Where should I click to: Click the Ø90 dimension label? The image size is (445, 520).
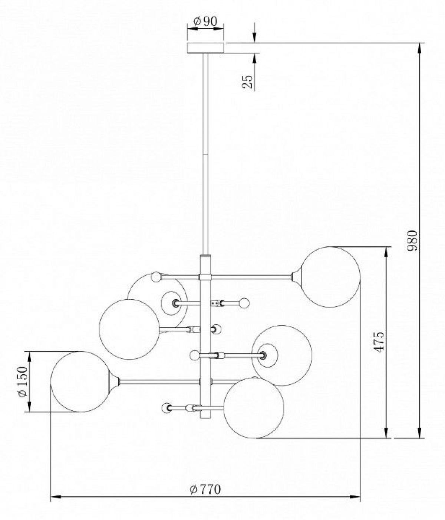click(x=205, y=22)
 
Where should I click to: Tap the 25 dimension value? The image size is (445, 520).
click(x=247, y=81)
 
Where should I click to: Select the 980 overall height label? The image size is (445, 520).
click(x=412, y=241)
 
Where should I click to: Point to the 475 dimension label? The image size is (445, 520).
click(x=379, y=342)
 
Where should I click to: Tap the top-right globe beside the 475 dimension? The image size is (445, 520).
click(x=330, y=277)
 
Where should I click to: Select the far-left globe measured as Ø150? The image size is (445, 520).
click(x=81, y=381)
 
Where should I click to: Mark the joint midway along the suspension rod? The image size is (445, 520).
click(x=205, y=154)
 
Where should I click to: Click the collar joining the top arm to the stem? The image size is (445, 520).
click(x=205, y=277)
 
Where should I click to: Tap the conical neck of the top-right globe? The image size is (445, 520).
click(x=296, y=277)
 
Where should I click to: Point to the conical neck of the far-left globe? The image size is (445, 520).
click(x=115, y=381)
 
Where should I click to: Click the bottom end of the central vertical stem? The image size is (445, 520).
click(x=205, y=418)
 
